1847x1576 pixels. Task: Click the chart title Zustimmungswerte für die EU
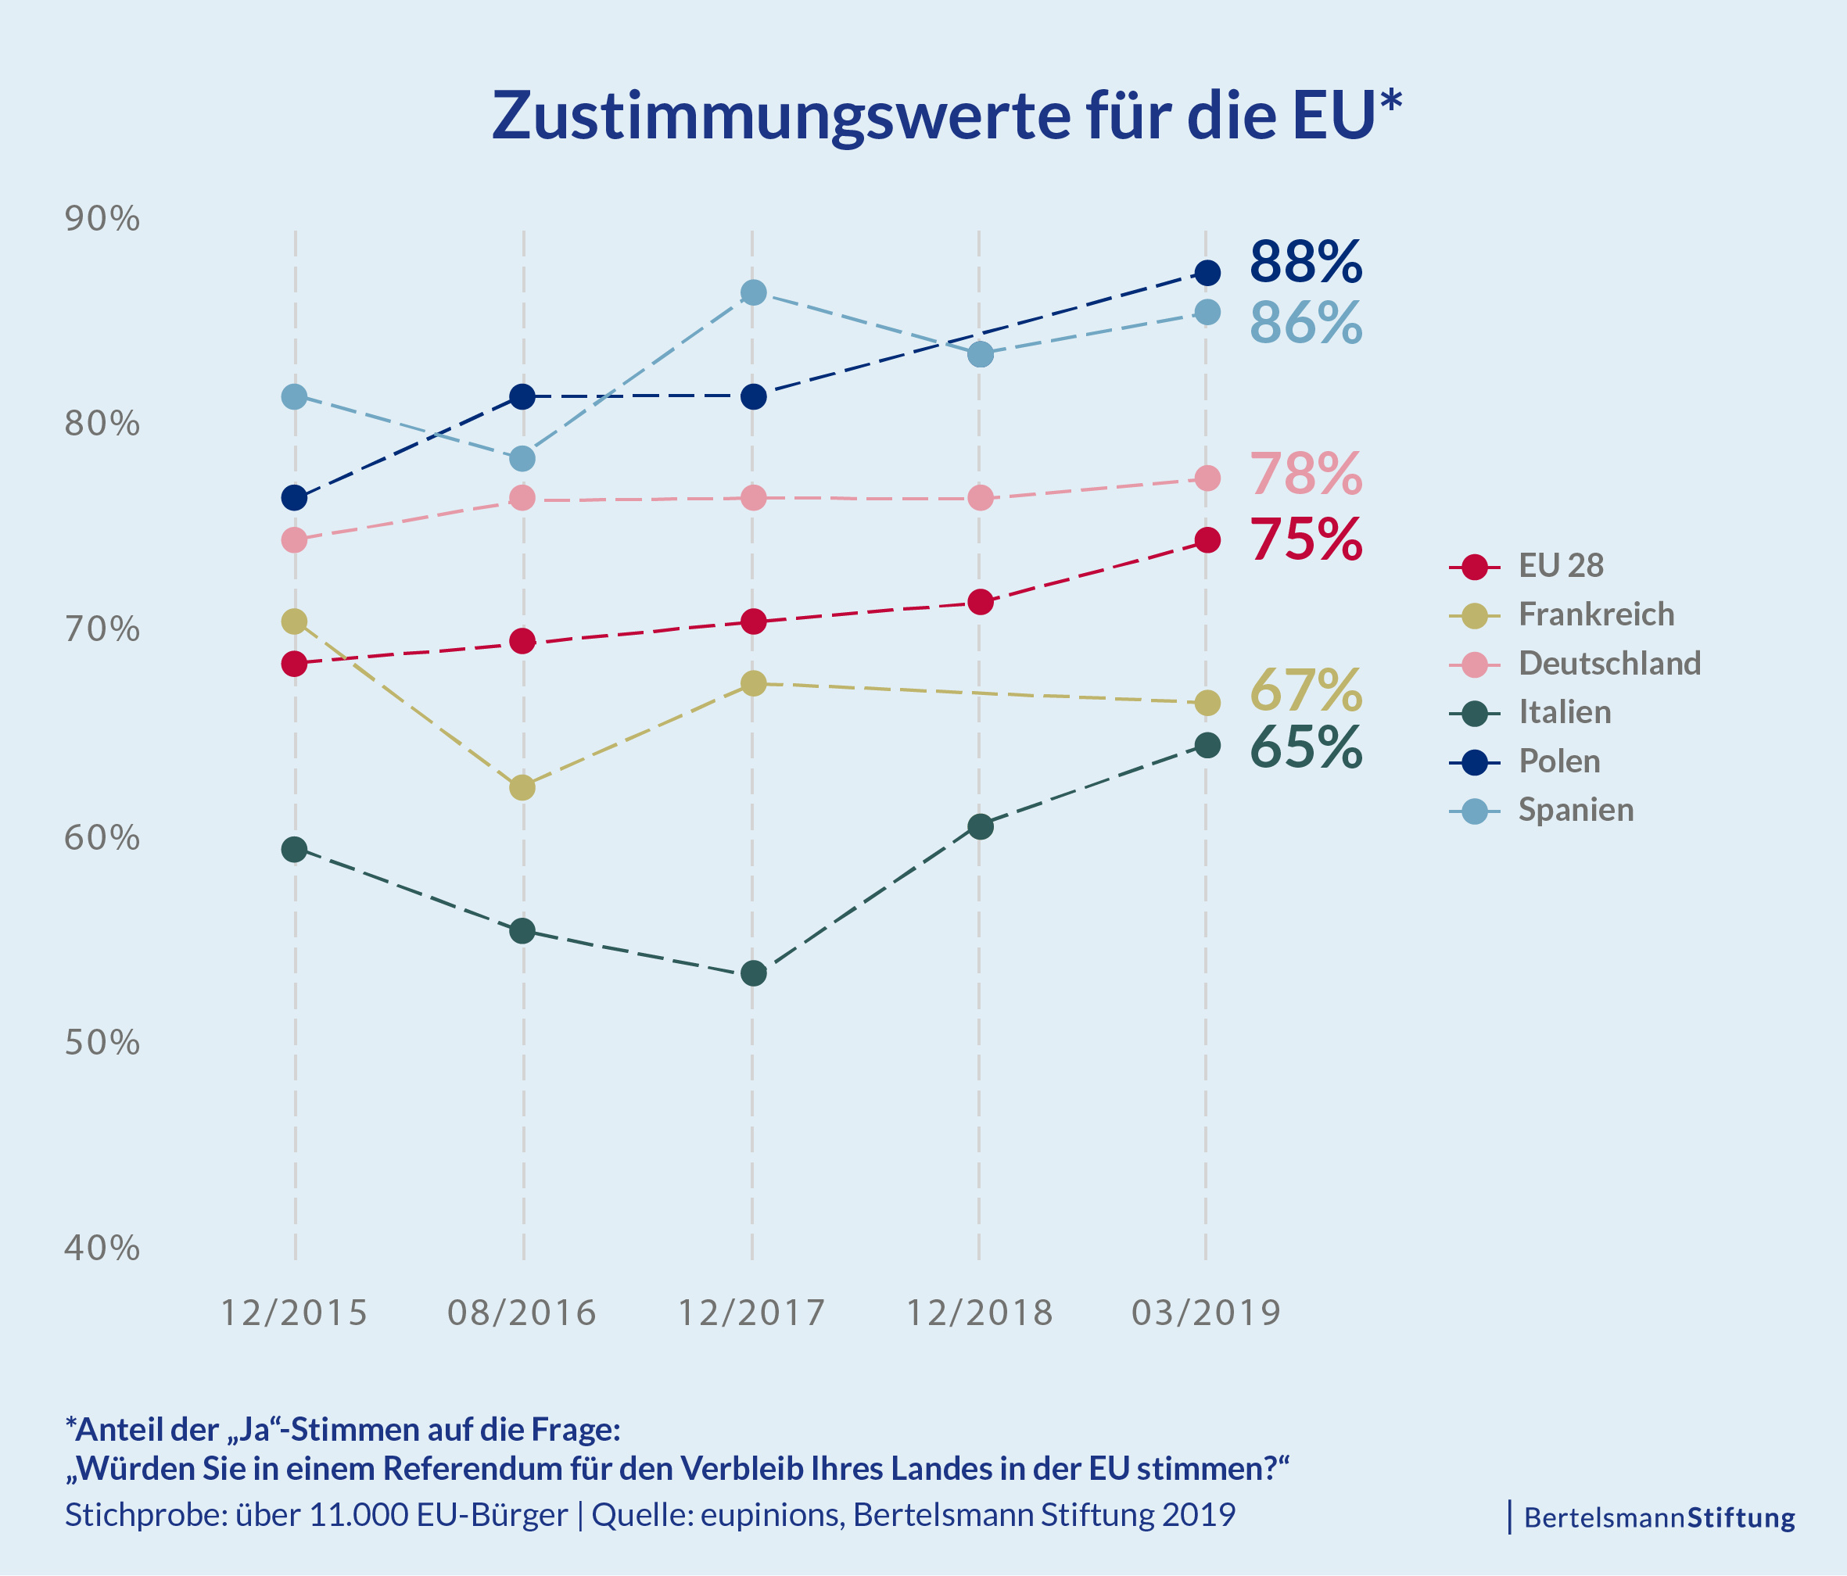[x=947, y=116]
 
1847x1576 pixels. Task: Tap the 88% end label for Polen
[x=1305, y=262]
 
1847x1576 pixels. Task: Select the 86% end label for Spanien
[x=1305, y=323]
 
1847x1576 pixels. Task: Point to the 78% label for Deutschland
[x=1305, y=475]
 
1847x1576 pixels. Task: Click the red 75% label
[x=1305, y=540]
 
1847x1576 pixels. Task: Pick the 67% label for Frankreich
[x=1305, y=691]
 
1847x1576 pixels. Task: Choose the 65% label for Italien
[x=1305, y=748]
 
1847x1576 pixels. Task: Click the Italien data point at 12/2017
[x=753, y=973]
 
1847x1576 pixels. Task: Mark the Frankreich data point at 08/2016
[x=522, y=788]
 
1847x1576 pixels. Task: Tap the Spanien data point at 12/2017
[x=753, y=292]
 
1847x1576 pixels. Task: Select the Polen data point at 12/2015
[x=294, y=497]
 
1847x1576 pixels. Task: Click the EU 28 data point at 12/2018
[x=980, y=603]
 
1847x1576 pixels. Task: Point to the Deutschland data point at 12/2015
[x=294, y=540]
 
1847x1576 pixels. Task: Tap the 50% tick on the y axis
[x=102, y=1042]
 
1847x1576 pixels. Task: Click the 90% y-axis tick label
[x=102, y=218]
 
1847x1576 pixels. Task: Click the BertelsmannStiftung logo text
[x=1659, y=1517]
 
